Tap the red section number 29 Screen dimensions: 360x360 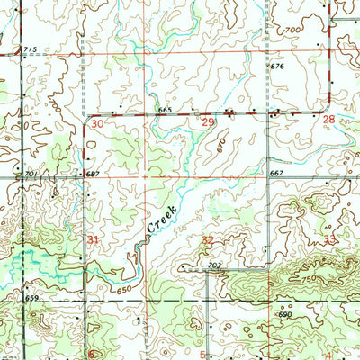pyautogui.click(x=208, y=121)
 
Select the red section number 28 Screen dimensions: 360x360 pyautogui.click(x=328, y=119)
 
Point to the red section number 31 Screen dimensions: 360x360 pyautogui.click(x=94, y=238)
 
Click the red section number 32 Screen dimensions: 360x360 pyautogui.click(x=208, y=240)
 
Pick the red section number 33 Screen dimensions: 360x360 pyautogui.click(x=330, y=239)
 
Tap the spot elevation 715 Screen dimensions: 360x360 pyautogui.click(x=31, y=49)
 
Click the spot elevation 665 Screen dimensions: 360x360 pyautogui.click(x=164, y=109)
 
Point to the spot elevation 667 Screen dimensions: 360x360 pyautogui.click(x=275, y=172)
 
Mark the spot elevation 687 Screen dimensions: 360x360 pyautogui.click(x=92, y=172)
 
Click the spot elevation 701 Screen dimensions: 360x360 pyautogui.click(x=31, y=172)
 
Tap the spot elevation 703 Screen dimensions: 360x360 pyautogui.click(x=213, y=265)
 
